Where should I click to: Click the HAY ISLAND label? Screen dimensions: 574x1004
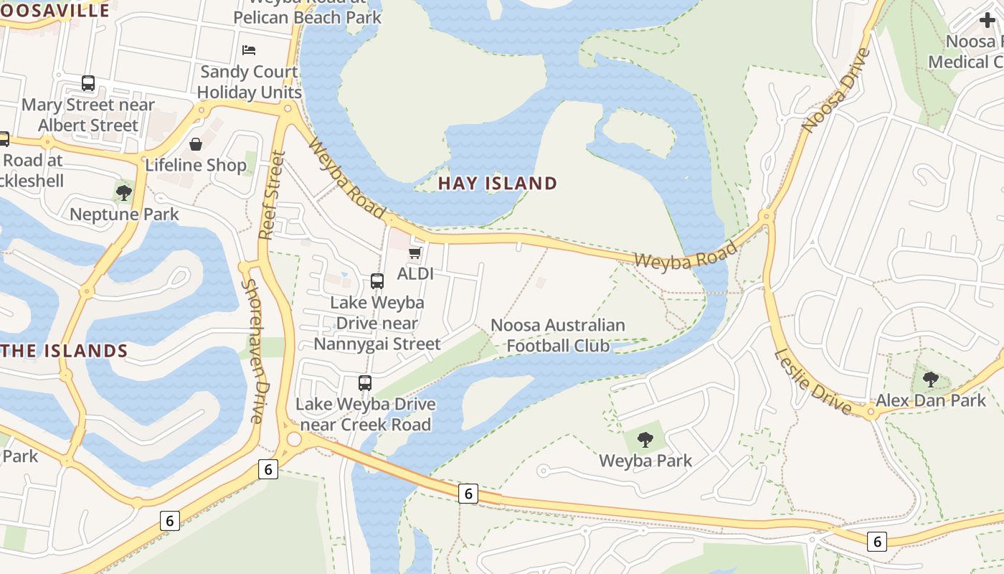coord(497,183)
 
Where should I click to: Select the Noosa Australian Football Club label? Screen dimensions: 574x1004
coord(558,335)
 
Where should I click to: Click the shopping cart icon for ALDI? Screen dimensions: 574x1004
coord(415,253)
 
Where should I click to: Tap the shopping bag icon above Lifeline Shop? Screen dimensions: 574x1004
coord(196,144)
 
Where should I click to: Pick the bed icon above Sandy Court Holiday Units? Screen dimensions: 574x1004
coord(249,50)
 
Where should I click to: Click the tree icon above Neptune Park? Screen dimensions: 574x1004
coord(124,192)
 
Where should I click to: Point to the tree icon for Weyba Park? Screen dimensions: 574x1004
coord(645,439)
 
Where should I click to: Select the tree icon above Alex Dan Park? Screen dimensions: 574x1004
coord(931,379)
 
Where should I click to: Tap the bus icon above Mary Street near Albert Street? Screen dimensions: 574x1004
coord(88,83)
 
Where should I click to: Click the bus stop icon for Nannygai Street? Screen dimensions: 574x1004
coord(377,281)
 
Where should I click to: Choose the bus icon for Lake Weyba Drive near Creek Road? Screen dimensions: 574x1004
coord(365,383)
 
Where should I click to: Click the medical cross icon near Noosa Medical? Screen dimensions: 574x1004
coord(988,20)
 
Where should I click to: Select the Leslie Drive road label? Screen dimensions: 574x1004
coord(813,381)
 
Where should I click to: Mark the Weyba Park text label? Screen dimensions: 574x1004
coord(645,461)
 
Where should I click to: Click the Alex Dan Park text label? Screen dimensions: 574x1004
coord(931,400)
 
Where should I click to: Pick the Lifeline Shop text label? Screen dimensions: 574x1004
coord(196,165)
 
